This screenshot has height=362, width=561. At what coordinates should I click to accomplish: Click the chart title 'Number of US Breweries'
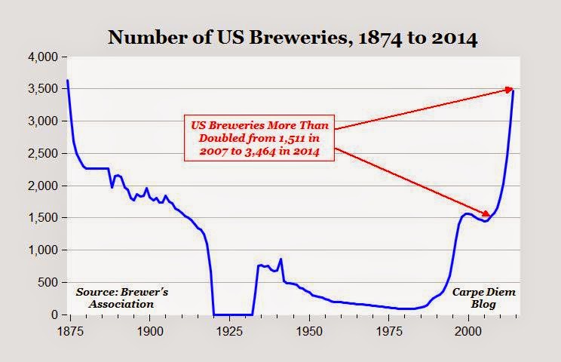click(227, 37)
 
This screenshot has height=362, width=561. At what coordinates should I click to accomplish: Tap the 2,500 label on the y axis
click(42, 153)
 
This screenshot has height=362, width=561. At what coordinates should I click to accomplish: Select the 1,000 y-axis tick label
click(42, 250)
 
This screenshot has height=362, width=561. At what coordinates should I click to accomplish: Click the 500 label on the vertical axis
click(48, 282)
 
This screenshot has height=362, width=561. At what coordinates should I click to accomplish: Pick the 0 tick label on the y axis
click(54, 314)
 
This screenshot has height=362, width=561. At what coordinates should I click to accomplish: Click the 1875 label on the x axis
click(70, 331)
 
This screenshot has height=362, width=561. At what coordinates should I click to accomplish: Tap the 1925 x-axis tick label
click(229, 331)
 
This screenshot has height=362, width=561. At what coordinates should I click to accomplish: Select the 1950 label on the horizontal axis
click(309, 331)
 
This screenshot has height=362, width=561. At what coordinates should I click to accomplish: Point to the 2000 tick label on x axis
click(468, 331)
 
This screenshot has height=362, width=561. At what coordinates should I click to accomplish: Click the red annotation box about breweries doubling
click(259, 138)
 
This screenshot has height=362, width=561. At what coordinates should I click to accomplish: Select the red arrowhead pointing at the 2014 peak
click(509, 89)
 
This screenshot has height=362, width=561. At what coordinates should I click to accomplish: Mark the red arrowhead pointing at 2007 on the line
click(486, 213)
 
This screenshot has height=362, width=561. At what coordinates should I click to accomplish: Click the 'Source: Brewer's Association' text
click(121, 298)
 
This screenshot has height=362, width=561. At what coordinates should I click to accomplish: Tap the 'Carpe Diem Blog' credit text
click(484, 298)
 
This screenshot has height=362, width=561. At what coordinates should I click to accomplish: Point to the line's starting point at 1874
click(68, 80)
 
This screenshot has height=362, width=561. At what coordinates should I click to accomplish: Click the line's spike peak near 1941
click(280, 259)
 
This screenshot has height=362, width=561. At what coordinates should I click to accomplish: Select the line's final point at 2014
click(513, 91)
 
